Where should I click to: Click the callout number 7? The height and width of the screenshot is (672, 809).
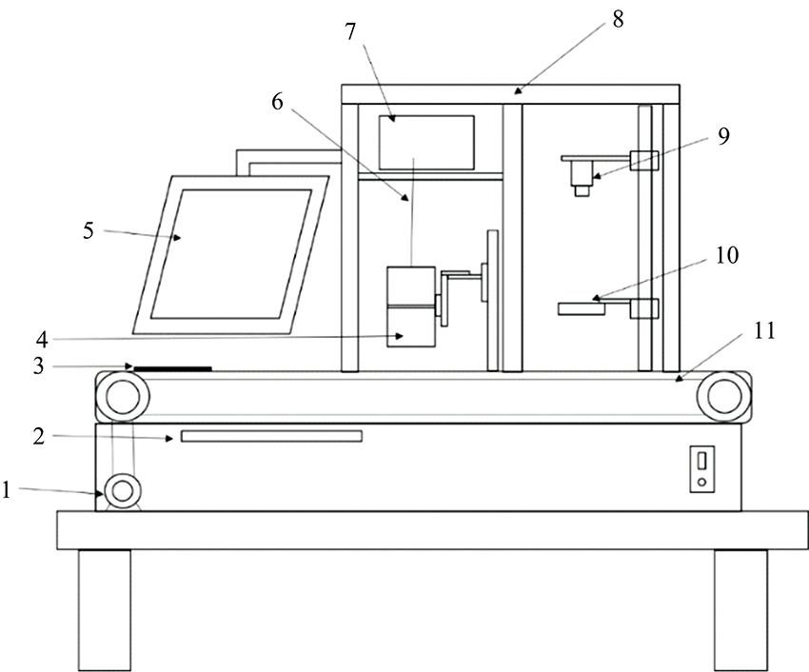pos(350,31)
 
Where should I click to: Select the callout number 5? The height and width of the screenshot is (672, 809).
pos(89,229)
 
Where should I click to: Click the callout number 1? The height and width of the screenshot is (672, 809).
pos(7,490)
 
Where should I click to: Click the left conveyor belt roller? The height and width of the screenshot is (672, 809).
pos(122,394)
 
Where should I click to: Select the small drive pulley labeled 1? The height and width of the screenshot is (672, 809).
pos(122,492)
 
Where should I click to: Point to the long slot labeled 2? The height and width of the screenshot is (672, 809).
pos(271,436)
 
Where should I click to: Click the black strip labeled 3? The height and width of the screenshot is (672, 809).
pos(172,367)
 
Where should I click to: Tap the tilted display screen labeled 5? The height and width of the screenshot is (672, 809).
pos(231,254)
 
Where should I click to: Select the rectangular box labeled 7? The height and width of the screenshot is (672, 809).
pos(425,142)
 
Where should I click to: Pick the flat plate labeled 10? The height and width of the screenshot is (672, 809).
pos(582,307)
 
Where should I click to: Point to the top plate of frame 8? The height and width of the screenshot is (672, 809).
pos(511,93)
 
